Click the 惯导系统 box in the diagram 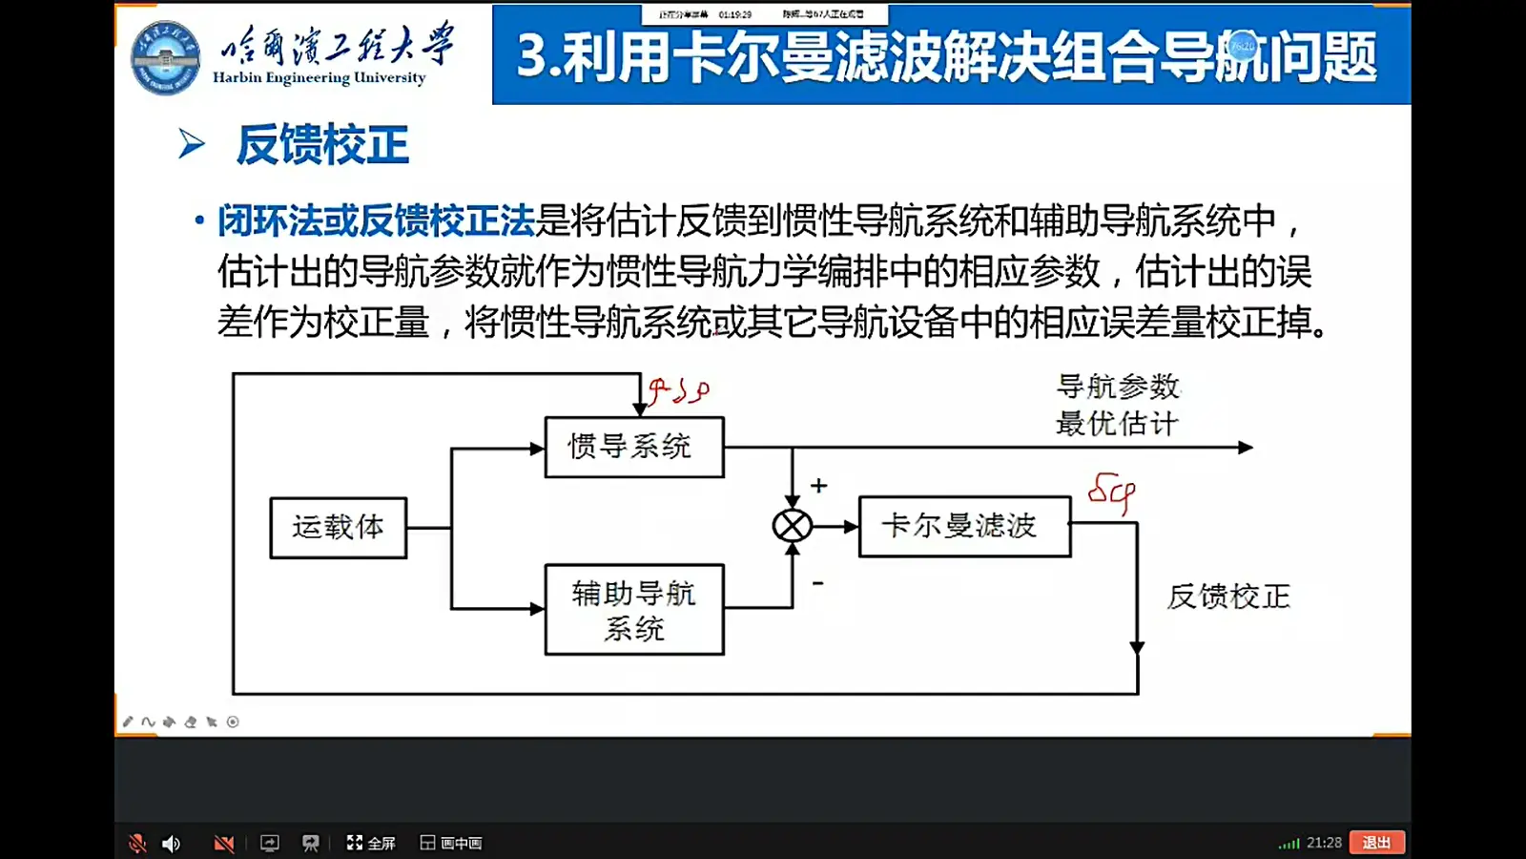[633, 447]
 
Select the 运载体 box [338, 527]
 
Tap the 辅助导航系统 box [633, 610]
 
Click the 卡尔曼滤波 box [963, 526]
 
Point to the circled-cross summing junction [792, 526]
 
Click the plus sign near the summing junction [818, 486]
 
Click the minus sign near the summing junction [817, 582]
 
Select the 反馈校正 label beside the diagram [1228, 597]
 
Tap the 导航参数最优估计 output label [1118, 405]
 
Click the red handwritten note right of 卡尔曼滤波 [1112, 492]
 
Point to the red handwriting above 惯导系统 [678, 390]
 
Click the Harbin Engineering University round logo [166, 57]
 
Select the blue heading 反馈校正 [322, 145]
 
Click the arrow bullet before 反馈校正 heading [191, 144]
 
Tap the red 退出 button [1376, 843]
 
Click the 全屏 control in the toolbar [370, 843]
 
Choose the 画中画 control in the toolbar [451, 843]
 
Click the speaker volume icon [172, 843]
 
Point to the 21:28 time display [1324, 843]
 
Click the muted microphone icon [137, 843]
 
